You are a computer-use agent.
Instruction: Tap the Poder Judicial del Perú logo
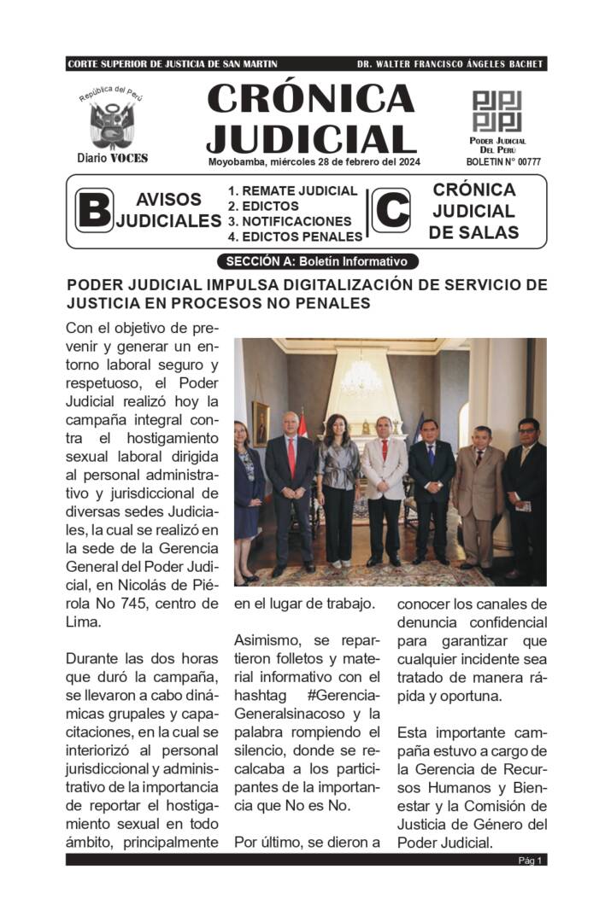(x=497, y=111)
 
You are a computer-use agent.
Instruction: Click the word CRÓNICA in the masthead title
(x=310, y=99)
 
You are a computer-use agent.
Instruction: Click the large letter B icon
(x=93, y=211)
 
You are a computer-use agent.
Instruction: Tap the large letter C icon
(x=391, y=211)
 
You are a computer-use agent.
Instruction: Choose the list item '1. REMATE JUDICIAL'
(x=292, y=191)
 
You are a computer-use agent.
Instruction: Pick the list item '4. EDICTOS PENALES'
(x=295, y=236)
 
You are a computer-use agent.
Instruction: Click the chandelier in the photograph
(x=361, y=376)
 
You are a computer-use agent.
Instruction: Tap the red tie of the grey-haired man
(x=291, y=456)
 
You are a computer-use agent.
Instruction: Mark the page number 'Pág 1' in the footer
(x=530, y=861)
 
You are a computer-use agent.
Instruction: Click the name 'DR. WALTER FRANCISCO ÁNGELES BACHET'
(x=450, y=64)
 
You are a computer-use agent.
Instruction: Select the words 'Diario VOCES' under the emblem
(x=112, y=158)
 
